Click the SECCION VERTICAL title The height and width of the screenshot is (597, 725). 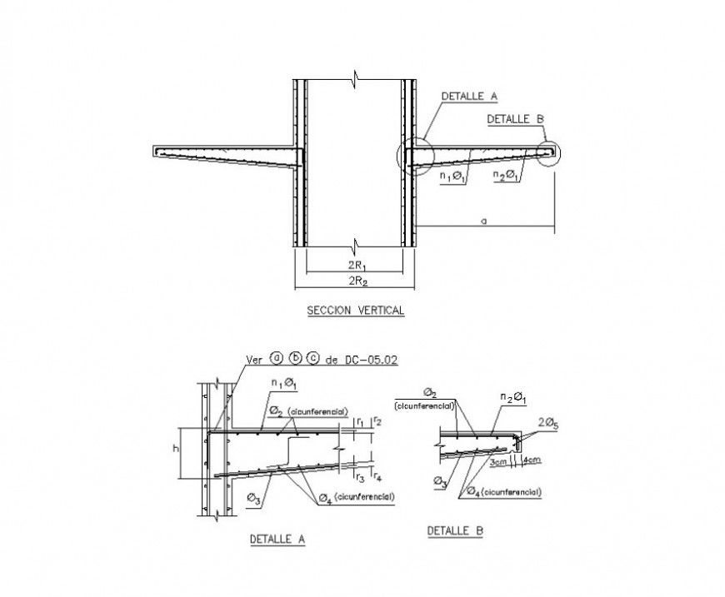pyautogui.click(x=355, y=311)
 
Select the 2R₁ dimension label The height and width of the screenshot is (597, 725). pyautogui.click(x=355, y=266)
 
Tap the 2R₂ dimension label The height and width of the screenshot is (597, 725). pyautogui.click(x=355, y=281)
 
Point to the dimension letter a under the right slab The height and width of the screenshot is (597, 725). pyautogui.click(x=482, y=221)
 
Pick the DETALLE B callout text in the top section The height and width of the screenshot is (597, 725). pyautogui.click(x=515, y=119)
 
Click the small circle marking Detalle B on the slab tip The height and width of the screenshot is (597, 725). pyautogui.click(x=549, y=154)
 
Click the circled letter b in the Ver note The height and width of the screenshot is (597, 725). pyautogui.click(x=295, y=360)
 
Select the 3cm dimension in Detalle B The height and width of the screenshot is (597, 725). pyautogui.click(x=499, y=460)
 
